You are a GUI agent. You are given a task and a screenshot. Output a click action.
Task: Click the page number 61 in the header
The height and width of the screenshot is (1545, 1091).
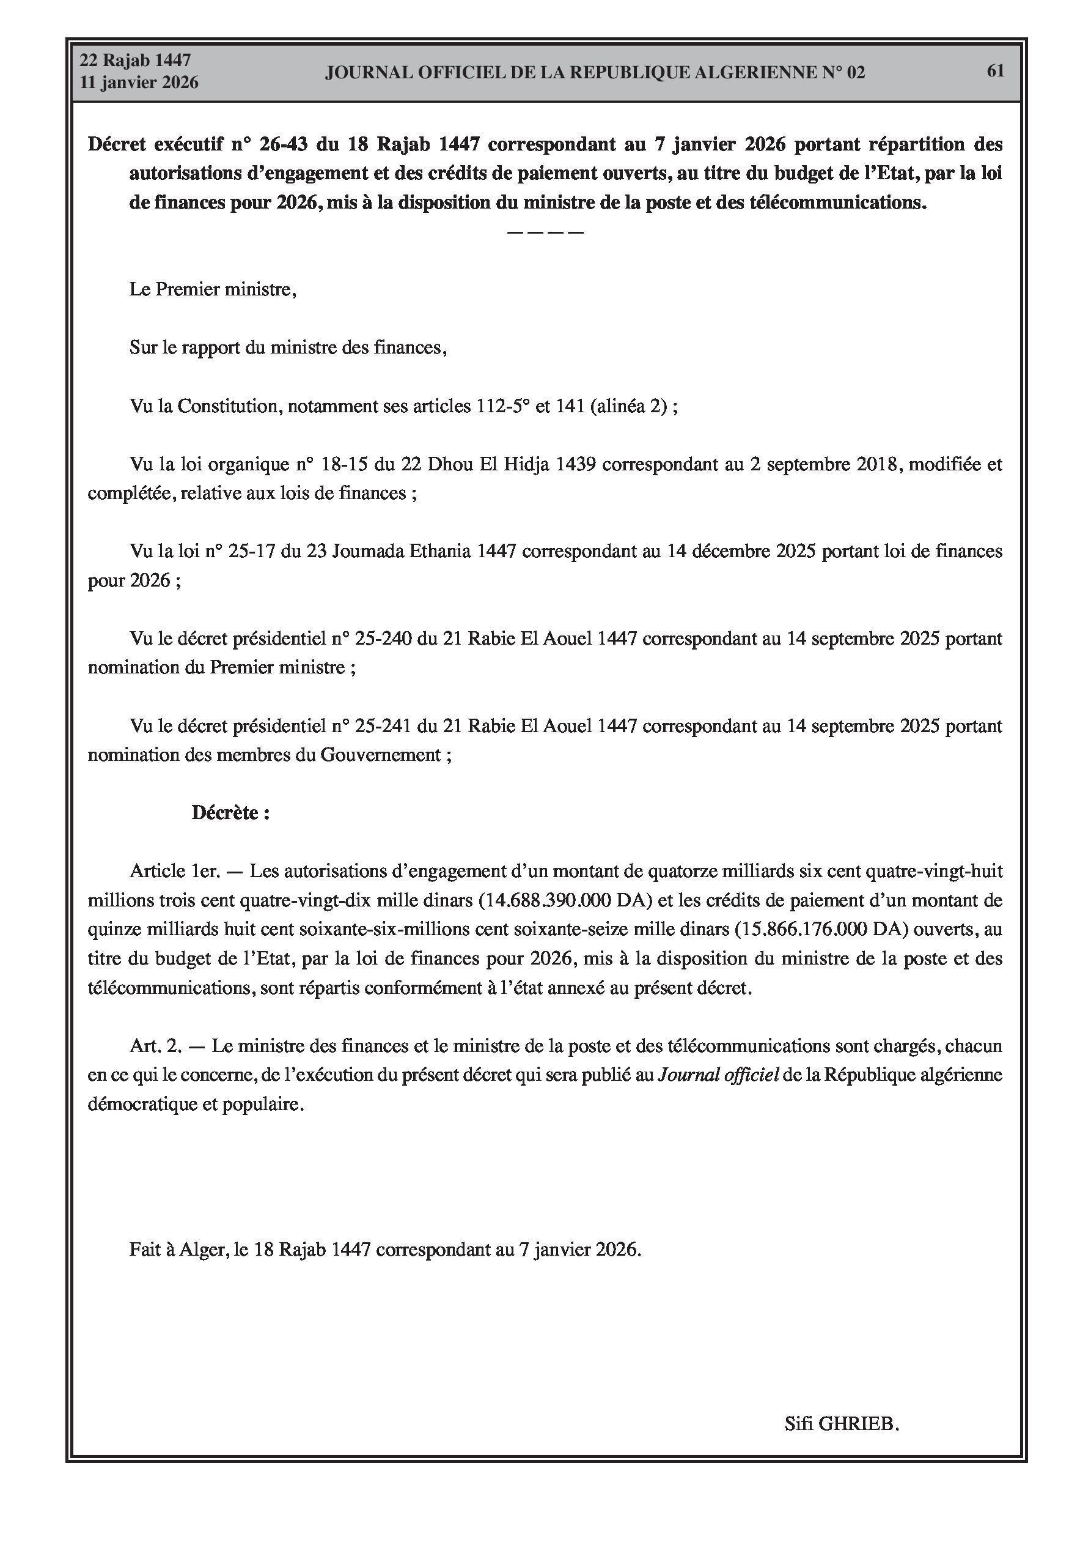[x=996, y=71]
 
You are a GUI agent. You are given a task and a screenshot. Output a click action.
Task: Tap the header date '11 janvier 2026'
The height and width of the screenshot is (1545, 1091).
[x=139, y=83]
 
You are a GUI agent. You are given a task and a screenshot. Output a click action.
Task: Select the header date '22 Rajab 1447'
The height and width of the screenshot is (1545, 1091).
[x=135, y=61]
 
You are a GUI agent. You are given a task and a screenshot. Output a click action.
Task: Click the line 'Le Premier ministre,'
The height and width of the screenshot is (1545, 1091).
[x=213, y=290]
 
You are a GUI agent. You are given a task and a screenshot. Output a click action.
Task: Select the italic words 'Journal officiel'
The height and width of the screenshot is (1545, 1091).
[x=718, y=1075]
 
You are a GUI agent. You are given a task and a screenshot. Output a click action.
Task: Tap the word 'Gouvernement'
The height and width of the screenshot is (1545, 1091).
[x=380, y=755]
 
